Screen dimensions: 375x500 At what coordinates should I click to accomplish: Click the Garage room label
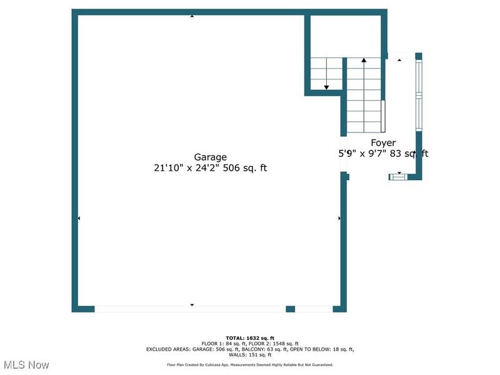(210, 157)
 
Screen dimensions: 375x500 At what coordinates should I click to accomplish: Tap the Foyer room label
(383, 143)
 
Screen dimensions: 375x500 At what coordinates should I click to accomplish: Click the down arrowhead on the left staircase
(326, 87)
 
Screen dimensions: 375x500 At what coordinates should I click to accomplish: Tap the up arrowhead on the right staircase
(364, 61)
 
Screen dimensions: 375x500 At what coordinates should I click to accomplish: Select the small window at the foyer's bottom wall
(397, 177)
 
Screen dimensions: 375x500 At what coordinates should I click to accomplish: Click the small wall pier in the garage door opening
(290, 309)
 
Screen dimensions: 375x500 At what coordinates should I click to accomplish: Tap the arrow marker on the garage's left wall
(79, 218)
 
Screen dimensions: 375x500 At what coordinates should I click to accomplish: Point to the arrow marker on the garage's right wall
(339, 218)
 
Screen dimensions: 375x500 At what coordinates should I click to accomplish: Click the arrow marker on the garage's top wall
(192, 16)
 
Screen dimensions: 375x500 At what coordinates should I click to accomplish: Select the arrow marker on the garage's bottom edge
(192, 305)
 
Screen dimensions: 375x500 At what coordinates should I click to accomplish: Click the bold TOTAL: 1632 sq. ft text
(250, 338)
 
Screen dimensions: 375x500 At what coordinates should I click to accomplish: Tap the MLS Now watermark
(26, 364)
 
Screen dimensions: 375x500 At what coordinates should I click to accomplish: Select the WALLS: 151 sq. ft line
(250, 354)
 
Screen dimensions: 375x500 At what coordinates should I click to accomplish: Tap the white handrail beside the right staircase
(384, 114)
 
